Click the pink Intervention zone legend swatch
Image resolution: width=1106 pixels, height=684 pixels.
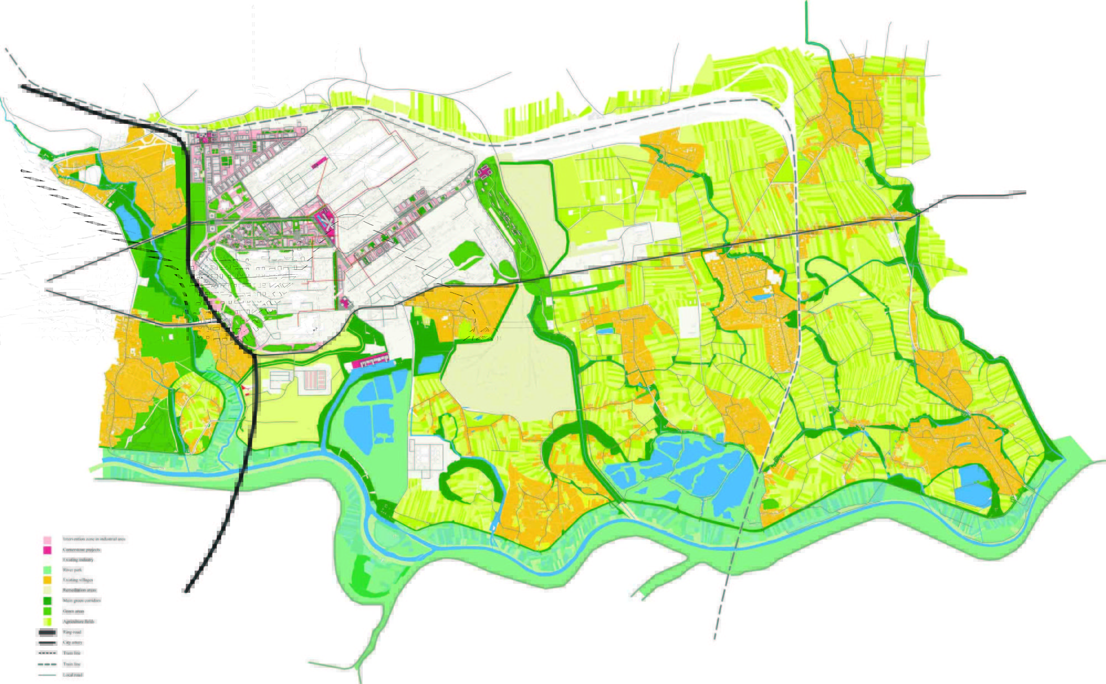(48, 539)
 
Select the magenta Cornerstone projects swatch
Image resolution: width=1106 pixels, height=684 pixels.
(48, 550)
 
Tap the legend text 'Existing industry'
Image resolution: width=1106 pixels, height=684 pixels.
(78, 560)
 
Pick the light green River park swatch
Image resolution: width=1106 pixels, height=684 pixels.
(48, 570)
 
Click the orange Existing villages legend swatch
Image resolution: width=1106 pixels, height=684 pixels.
(48, 580)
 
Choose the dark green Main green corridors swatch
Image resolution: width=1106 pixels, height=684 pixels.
(48, 601)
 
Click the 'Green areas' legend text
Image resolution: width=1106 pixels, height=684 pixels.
(74, 611)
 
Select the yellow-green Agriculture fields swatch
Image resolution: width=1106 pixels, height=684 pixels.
(48, 621)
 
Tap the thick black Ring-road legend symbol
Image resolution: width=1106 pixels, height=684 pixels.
(48, 632)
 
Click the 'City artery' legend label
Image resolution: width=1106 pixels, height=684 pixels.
(72, 643)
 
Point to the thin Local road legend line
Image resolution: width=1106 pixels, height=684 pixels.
(48, 675)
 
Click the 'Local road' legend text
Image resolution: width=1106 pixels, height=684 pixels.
(73, 675)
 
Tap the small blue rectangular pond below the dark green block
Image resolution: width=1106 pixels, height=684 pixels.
(430, 364)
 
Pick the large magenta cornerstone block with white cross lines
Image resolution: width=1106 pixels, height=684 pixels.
(326, 223)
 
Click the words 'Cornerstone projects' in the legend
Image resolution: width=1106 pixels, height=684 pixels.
(81, 550)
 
